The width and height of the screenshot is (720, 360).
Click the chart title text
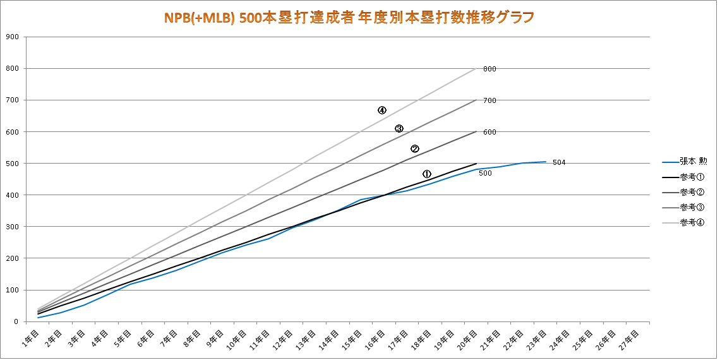coord(349,16)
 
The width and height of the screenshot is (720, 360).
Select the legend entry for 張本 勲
coord(693,161)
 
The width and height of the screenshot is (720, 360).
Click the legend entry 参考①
coord(692,176)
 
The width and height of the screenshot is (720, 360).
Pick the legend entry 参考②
coord(692,191)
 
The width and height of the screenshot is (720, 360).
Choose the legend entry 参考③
coord(692,207)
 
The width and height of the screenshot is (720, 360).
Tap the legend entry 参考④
coord(692,222)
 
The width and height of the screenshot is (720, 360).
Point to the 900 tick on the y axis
coord(11,37)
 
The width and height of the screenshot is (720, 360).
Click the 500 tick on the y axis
coord(11,164)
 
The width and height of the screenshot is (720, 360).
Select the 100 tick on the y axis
coord(11,291)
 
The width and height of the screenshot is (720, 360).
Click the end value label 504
coord(558,162)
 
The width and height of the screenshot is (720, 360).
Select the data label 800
coord(489,69)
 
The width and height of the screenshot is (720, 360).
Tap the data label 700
coord(489,100)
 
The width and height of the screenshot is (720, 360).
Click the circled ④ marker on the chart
coord(382,110)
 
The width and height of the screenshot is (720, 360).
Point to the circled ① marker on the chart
coord(427,174)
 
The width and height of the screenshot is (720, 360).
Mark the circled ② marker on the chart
coord(415,149)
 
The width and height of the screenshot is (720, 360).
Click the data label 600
coord(489,132)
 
